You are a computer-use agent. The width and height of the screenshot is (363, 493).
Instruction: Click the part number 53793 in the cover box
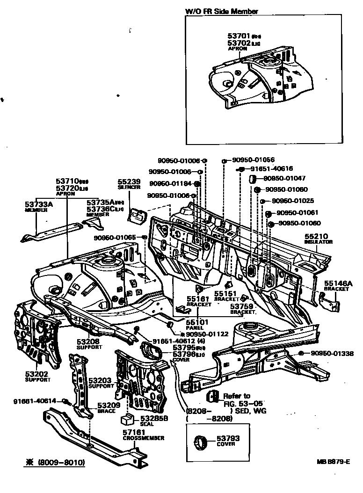[x=228, y=438]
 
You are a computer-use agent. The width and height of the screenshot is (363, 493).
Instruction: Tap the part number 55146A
[x=337, y=283]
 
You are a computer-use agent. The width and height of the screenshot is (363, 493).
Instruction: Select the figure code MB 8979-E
[x=333, y=461]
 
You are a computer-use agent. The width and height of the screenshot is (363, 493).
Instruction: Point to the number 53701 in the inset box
[x=239, y=36]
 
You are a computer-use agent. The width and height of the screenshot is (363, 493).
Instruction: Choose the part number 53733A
[x=38, y=204]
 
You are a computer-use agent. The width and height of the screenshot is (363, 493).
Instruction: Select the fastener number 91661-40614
[x=35, y=401]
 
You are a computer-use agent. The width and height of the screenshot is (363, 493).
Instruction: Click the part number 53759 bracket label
[x=242, y=306]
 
